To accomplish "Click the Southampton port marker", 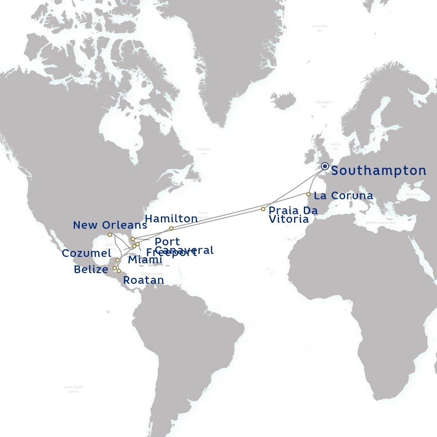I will [x=325, y=166].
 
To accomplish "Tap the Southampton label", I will [x=379, y=171].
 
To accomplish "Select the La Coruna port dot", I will [x=308, y=194].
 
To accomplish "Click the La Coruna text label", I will [x=343, y=196].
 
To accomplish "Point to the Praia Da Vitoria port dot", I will [x=263, y=209].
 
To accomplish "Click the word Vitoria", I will [x=288, y=219].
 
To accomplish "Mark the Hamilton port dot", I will [x=171, y=228].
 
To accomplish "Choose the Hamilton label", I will [x=171, y=219].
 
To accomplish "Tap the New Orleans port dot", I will [x=110, y=235].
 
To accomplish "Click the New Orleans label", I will [x=110, y=225].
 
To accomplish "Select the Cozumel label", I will [x=87, y=253].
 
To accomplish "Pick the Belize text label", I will [x=91, y=270].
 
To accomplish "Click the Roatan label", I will [x=143, y=280].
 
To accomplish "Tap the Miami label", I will [x=145, y=260].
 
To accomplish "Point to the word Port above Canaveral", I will [x=167, y=242].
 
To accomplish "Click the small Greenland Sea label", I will [x=320, y=28].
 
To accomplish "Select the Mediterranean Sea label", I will [x=380, y=223].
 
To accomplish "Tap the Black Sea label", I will [x=413, y=195].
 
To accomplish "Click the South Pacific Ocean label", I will [x=73, y=389].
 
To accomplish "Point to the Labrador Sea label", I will [x=204, y=151].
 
